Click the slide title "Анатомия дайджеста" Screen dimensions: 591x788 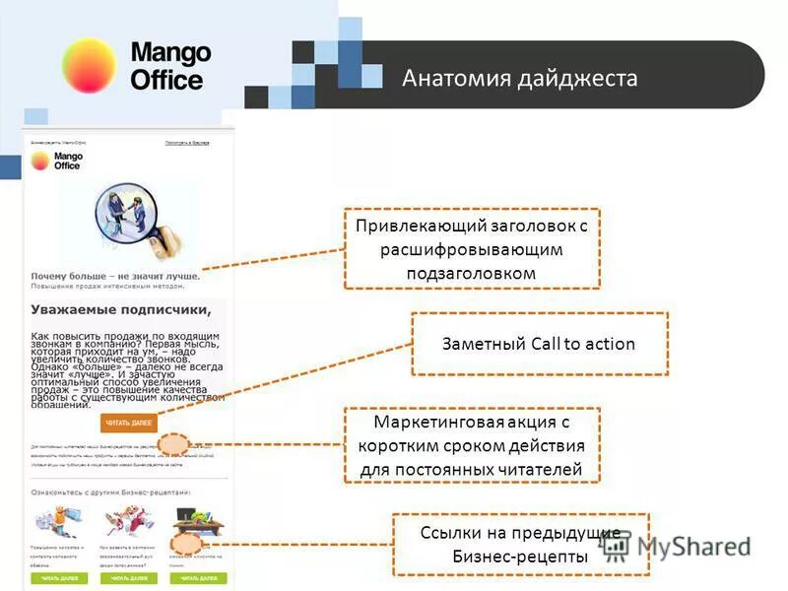pos(519,78)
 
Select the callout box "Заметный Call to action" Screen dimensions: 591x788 pos(539,344)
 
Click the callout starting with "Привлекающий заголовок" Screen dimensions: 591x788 pos(471,249)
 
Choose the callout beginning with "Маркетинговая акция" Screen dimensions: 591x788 pos(471,446)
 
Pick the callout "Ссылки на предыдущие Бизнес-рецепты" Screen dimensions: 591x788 pos(520,545)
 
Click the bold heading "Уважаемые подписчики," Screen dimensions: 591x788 pos(120,309)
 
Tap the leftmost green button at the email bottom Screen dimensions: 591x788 pos(58,579)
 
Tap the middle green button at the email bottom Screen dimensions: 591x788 pos(127,579)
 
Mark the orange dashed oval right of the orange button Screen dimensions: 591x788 pos(174,445)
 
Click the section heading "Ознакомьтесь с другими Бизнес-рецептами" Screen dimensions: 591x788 pos(110,491)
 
